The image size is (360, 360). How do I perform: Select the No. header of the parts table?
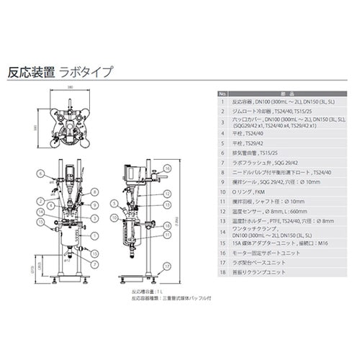[222, 94]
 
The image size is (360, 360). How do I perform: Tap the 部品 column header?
[287, 94]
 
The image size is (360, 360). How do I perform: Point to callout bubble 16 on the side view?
[167, 167]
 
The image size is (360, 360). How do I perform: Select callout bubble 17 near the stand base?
[167, 265]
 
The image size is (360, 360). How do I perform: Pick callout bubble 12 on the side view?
[167, 195]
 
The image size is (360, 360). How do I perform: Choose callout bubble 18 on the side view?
[167, 225]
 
